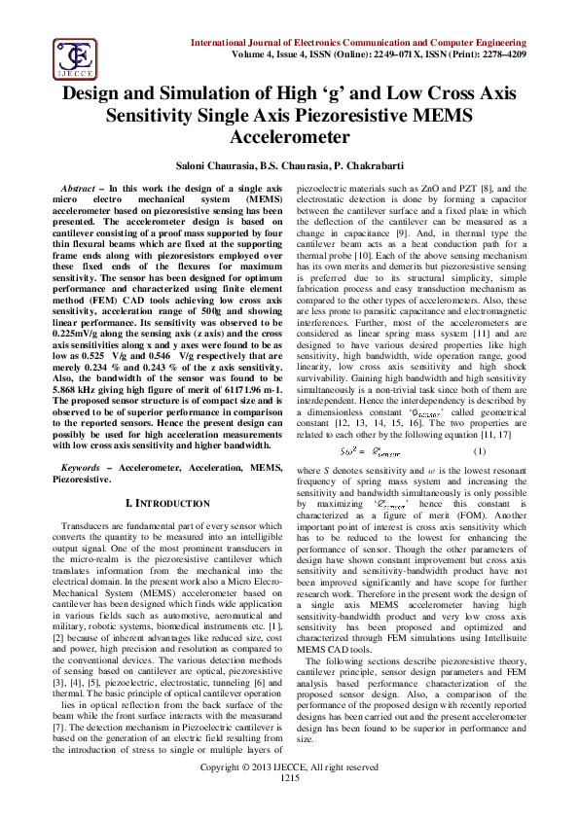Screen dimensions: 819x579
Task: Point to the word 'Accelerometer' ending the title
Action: (x=288, y=137)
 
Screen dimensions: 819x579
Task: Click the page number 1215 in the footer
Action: (x=289, y=804)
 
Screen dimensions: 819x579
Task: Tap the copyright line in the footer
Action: (x=289, y=795)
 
